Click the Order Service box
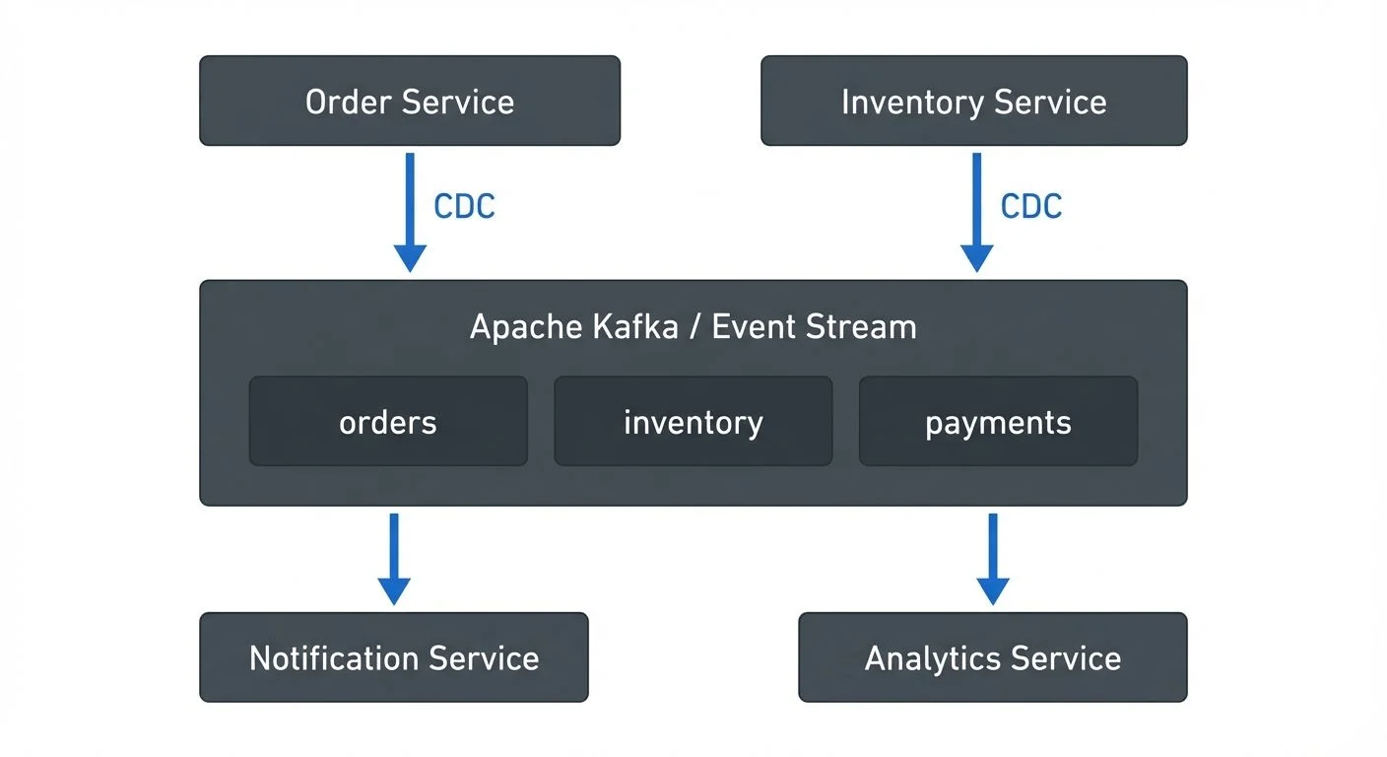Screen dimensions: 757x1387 tap(410, 102)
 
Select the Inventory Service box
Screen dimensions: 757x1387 tap(973, 102)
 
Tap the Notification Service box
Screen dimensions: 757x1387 tap(393, 657)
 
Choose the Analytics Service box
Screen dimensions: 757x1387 tap(992, 657)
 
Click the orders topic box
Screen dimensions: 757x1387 tap(388, 422)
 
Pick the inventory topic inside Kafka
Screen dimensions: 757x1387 tap(693, 422)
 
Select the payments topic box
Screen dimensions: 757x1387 tap(998, 422)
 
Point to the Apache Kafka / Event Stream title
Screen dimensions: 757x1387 tap(693, 326)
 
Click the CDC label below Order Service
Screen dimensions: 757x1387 tap(464, 206)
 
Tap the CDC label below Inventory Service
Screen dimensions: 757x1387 tap(1031, 206)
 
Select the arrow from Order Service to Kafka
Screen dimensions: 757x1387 tap(410, 212)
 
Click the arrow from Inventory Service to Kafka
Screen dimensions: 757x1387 tap(976, 212)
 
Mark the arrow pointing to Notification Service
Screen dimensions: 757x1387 tap(394, 559)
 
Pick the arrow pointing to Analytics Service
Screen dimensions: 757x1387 tap(992, 559)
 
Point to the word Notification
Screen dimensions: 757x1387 tap(335, 657)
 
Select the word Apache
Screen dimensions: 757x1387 tap(519, 326)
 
